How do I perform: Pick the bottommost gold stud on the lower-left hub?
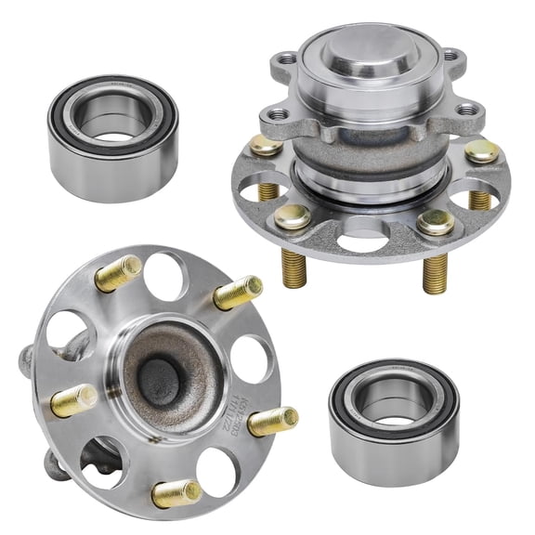176,493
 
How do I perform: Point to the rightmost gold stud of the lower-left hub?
273,422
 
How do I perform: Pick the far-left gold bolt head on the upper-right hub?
266,146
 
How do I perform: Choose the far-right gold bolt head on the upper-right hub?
482,151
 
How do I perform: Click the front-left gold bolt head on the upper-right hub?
292,217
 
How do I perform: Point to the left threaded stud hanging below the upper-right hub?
294,270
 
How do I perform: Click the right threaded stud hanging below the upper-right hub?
436,275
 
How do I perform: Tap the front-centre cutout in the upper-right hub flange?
363,242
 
